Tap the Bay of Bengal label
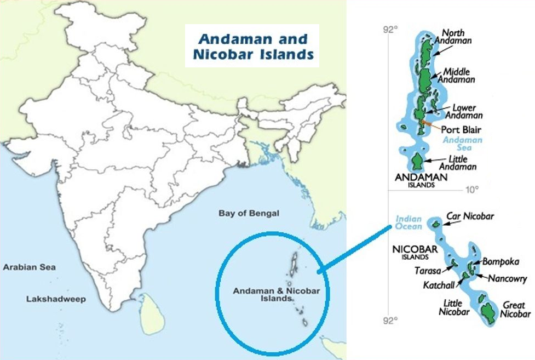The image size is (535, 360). pyautogui.click(x=249, y=213)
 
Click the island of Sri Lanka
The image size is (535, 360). pyautogui.click(x=151, y=313)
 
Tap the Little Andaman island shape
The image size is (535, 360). pyautogui.click(x=417, y=162)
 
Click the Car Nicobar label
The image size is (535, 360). pyautogui.click(x=470, y=216)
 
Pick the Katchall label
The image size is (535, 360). pyautogui.click(x=438, y=285)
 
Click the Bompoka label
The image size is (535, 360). pyautogui.click(x=501, y=262)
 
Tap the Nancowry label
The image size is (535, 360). pyautogui.click(x=508, y=278)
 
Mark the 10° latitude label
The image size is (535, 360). pyautogui.click(x=472, y=190)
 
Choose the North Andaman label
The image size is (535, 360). pyautogui.click(x=456, y=36)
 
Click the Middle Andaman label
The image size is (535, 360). pyautogui.click(x=459, y=76)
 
